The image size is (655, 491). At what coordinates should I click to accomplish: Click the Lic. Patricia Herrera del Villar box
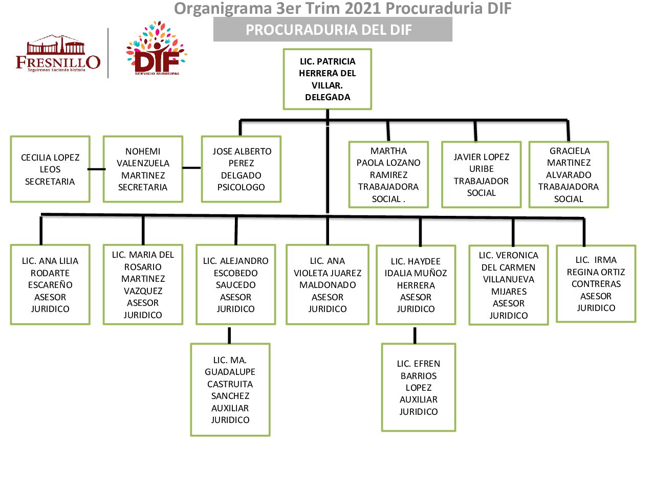(327, 79)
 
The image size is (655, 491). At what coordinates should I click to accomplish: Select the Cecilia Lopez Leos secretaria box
(50, 169)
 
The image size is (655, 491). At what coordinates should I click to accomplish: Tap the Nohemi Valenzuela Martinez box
(143, 169)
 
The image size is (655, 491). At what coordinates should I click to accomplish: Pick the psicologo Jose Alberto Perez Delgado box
(241, 169)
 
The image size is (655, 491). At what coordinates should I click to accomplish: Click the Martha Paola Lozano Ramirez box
(388, 175)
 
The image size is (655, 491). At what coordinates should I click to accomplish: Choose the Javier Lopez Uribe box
(481, 175)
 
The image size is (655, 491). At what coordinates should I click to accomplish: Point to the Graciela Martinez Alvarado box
(569, 175)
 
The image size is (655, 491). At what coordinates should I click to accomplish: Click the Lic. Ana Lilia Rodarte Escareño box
(50, 285)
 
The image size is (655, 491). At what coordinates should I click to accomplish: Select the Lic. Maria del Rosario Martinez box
(143, 285)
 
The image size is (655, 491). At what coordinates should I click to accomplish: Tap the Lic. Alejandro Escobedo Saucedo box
(235, 285)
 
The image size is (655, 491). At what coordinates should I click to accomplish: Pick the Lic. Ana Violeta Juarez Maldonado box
(327, 285)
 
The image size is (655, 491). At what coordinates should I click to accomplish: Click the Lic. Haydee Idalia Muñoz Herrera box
(416, 285)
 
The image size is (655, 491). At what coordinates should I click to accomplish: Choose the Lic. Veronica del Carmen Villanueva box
(509, 285)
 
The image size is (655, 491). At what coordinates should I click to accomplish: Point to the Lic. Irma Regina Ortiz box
(596, 284)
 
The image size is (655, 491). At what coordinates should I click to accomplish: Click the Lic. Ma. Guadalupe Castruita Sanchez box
(230, 390)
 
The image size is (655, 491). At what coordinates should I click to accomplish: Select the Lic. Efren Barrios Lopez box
(419, 387)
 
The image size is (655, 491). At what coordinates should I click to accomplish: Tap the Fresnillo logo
(58, 54)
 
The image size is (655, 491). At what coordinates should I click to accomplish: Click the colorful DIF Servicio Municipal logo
(157, 50)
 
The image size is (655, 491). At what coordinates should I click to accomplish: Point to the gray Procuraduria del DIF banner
(333, 30)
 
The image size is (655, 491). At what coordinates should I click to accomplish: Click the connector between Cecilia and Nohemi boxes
(97, 169)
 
